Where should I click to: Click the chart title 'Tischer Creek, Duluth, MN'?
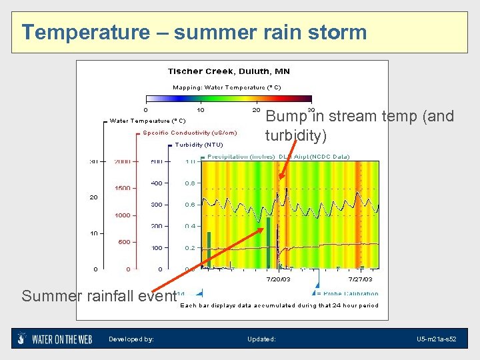coord(227,71)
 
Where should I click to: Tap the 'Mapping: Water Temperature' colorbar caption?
coord(227,87)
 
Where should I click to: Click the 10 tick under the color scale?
coord(201,109)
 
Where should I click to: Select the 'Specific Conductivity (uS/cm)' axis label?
coord(189,133)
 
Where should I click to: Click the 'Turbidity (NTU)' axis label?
coord(199,145)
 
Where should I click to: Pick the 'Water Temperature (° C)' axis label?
coord(147,121)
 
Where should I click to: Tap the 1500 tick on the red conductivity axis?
coord(123,188)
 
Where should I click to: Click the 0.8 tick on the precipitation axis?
coord(190,183)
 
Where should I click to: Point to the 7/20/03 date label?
coord(278,279)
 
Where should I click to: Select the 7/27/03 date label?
coord(360,279)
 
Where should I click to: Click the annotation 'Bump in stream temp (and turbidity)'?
coord(359,125)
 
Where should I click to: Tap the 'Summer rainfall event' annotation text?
coord(99,295)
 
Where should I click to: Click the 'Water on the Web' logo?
coord(55,339)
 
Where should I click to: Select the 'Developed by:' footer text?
coord(131,339)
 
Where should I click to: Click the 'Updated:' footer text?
coord(261,339)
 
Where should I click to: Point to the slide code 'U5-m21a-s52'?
coord(436,339)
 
